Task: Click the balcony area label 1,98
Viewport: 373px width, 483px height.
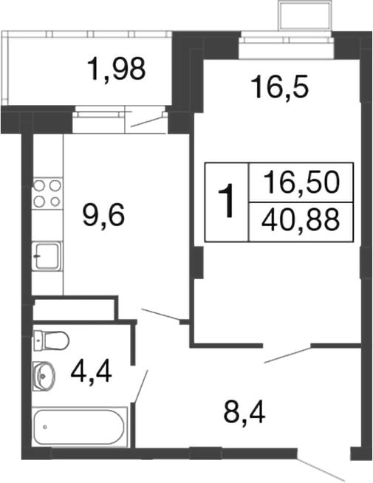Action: (117, 70)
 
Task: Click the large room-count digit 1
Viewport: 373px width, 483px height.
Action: (230, 200)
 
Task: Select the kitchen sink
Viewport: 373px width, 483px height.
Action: (47, 257)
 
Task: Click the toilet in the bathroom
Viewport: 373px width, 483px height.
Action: (50, 340)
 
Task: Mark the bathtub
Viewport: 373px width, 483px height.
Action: (81, 426)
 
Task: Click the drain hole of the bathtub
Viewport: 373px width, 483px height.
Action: (45, 426)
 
